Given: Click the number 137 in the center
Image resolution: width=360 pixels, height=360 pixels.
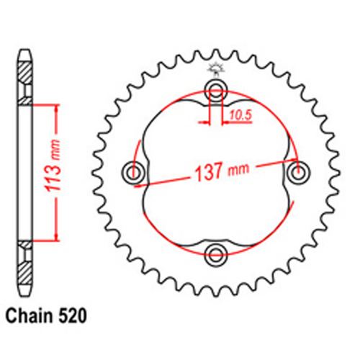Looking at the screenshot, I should (210, 174).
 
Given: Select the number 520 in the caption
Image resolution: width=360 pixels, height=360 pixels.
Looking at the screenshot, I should (75, 315).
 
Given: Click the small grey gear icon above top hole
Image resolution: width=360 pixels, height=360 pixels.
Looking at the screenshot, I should (214, 70).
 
